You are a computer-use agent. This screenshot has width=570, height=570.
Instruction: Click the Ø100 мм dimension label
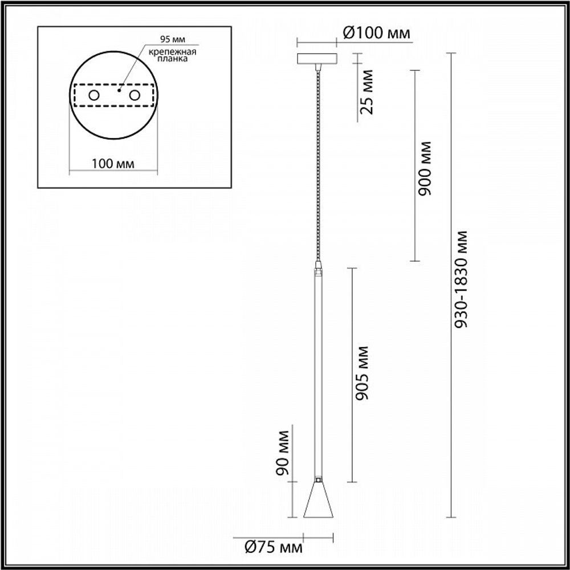click(x=376, y=34)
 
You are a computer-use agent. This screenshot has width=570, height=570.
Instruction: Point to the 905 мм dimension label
click(x=361, y=372)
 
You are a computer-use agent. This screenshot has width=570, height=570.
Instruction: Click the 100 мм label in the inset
click(x=113, y=164)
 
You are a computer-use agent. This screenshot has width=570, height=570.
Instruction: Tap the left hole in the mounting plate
click(x=93, y=95)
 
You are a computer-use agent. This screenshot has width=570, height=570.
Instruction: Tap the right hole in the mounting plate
click(x=135, y=95)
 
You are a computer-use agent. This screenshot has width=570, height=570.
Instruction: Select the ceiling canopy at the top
click(x=317, y=59)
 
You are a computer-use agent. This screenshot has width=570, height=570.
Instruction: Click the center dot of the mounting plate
click(x=119, y=89)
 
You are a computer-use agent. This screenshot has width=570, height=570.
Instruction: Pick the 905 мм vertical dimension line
click(x=351, y=373)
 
